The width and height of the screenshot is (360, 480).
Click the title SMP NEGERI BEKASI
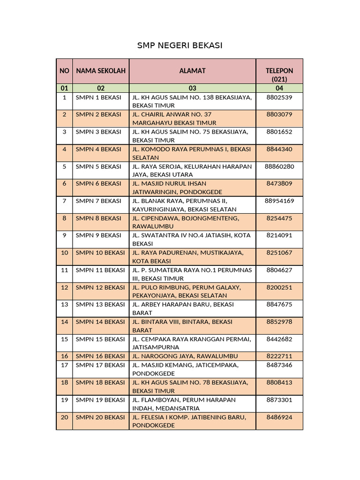tap(180, 45)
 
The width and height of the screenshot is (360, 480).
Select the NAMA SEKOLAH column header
tap(101, 71)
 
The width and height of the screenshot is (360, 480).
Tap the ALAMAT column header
tap(192, 71)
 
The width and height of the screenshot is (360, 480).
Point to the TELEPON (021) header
tap(279, 75)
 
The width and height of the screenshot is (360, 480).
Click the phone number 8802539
tap(279, 97)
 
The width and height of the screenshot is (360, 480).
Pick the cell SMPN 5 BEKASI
tap(98, 166)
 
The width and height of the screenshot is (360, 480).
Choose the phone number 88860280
tap(279, 166)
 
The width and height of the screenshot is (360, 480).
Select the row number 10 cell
tap(64, 253)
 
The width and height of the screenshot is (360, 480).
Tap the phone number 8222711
tap(279, 356)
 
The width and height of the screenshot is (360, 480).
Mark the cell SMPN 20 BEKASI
tap(100, 417)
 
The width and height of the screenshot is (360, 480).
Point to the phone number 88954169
tap(279, 201)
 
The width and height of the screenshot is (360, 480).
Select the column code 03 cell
tap(192, 88)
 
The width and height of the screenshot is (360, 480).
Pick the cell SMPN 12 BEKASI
tap(100, 287)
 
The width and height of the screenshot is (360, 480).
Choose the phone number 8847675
tap(279, 305)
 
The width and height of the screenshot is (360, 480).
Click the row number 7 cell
tap(64, 201)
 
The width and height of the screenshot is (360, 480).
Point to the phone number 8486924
tap(279, 417)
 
